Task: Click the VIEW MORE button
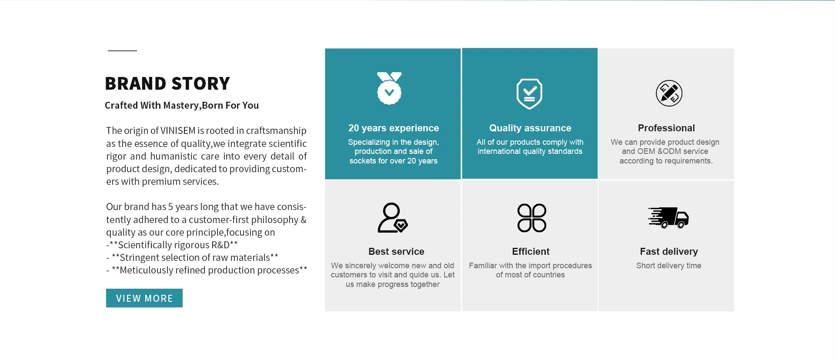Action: pos(144,298)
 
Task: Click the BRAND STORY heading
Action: pos(167,83)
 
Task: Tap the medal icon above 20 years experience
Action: pos(389,88)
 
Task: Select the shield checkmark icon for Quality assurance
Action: pos(529,94)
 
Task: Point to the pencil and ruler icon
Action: pos(669,93)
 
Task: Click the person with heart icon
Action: pos(392,217)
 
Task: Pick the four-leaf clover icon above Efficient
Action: pos(531,218)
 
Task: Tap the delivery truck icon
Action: pos(668,217)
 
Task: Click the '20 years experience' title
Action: pos(394,128)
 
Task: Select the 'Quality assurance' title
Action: pos(530,128)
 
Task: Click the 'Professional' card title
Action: pos(666,128)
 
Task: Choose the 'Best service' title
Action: pos(396,252)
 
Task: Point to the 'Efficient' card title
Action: pos(531,252)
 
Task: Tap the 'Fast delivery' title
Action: pos(669,252)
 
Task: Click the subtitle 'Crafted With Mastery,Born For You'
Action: pos(182,106)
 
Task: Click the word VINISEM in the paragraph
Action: pos(178,131)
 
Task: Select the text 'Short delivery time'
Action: pos(669,266)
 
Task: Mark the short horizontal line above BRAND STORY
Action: pos(122,51)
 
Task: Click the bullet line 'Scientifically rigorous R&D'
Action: pos(172,245)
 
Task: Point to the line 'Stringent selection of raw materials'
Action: pos(192,257)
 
